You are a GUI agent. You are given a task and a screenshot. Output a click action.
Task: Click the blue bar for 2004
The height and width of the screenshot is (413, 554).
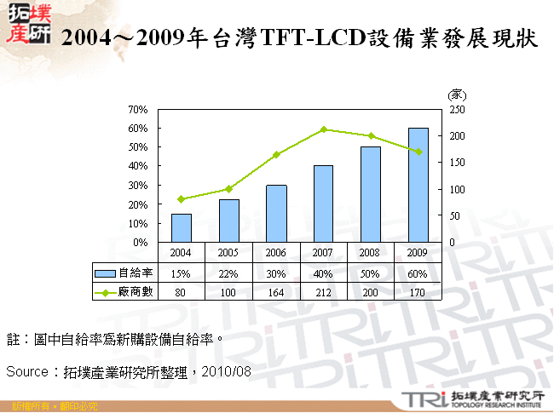pyautogui.click(x=181, y=227)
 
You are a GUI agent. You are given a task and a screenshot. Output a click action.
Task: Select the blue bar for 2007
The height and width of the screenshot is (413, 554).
pyautogui.click(x=323, y=204)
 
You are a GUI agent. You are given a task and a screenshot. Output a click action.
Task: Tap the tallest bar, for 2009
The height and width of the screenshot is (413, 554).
pyautogui.click(x=418, y=185)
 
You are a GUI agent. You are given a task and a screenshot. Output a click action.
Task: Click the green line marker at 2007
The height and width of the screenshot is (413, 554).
pyautogui.click(x=323, y=129)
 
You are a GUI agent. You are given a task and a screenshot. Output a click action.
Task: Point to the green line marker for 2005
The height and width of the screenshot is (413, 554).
pyautogui.click(x=228, y=189)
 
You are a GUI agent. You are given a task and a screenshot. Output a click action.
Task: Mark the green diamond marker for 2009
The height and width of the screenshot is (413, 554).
pyautogui.click(x=418, y=152)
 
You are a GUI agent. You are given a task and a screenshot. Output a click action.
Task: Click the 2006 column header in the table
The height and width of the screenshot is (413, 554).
pyautogui.click(x=275, y=252)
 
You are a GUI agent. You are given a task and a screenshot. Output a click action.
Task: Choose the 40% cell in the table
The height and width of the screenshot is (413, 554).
pyautogui.click(x=323, y=272)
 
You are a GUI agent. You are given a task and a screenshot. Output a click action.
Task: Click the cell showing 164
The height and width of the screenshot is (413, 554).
pyautogui.click(x=275, y=291)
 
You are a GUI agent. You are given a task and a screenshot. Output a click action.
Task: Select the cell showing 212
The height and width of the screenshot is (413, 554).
pyautogui.click(x=323, y=291)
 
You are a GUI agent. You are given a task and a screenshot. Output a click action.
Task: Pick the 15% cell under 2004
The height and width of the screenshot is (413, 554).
pyautogui.click(x=181, y=272)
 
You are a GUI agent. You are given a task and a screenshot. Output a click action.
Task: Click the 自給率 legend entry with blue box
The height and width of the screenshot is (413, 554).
pyautogui.click(x=124, y=272)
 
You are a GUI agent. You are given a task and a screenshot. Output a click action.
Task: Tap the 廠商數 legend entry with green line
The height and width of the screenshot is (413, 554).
pyautogui.click(x=124, y=291)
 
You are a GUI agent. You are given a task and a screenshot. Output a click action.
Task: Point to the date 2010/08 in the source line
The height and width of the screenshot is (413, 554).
pyautogui.click(x=228, y=372)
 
